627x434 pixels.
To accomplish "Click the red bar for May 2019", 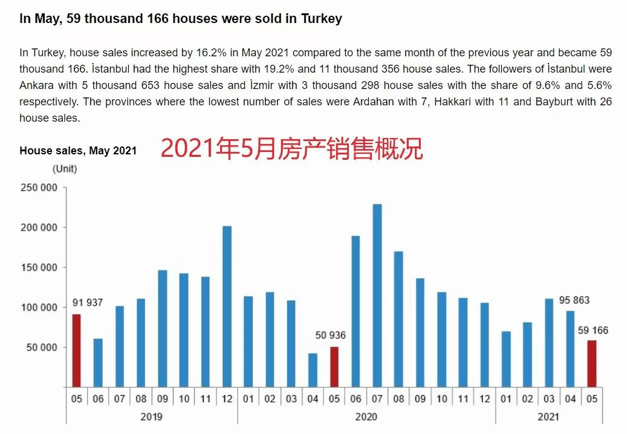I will coord(76,350).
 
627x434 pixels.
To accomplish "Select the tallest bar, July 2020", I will coord(377,295).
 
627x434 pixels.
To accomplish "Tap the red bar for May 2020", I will coord(334,367).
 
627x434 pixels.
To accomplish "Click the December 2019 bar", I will coord(227,306).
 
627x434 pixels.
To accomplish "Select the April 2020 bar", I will coord(313,370).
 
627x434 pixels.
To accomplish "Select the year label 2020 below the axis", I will coord(366,416).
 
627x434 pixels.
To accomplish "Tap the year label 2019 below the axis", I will coord(151,416).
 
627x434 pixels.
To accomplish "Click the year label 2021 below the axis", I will coord(548,416).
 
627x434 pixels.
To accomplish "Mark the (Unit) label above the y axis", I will coord(65,169).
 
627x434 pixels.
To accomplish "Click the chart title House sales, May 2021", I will coord(78,151).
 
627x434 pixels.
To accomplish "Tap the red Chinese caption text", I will coord(291,149).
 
